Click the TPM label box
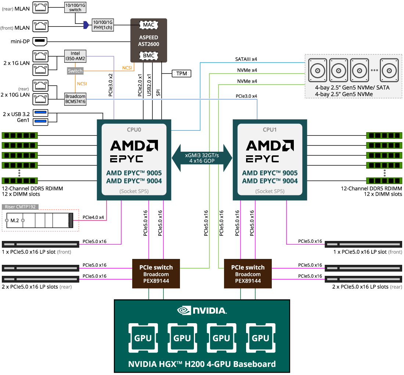[181, 73]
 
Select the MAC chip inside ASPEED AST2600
[148, 25]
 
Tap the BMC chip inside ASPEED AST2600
[148, 56]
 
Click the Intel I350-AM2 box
[75, 56]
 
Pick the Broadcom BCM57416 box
[75, 99]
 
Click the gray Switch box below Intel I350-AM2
[75, 71]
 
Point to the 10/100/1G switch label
[75, 7]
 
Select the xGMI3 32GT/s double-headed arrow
[202, 158]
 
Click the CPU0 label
[134, 130]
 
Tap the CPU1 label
[270, 130]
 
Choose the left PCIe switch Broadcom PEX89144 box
[156, 274]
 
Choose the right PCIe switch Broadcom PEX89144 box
[248, 274]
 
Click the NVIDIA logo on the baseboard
[202, 311]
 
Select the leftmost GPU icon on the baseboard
[143, 338]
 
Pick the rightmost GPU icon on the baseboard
[261, 338]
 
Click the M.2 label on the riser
[15, 220]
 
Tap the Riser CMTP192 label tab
[20, 207]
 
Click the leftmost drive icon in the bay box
[318, 70]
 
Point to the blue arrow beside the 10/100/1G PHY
[86, 25]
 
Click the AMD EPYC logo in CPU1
[270, 151]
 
